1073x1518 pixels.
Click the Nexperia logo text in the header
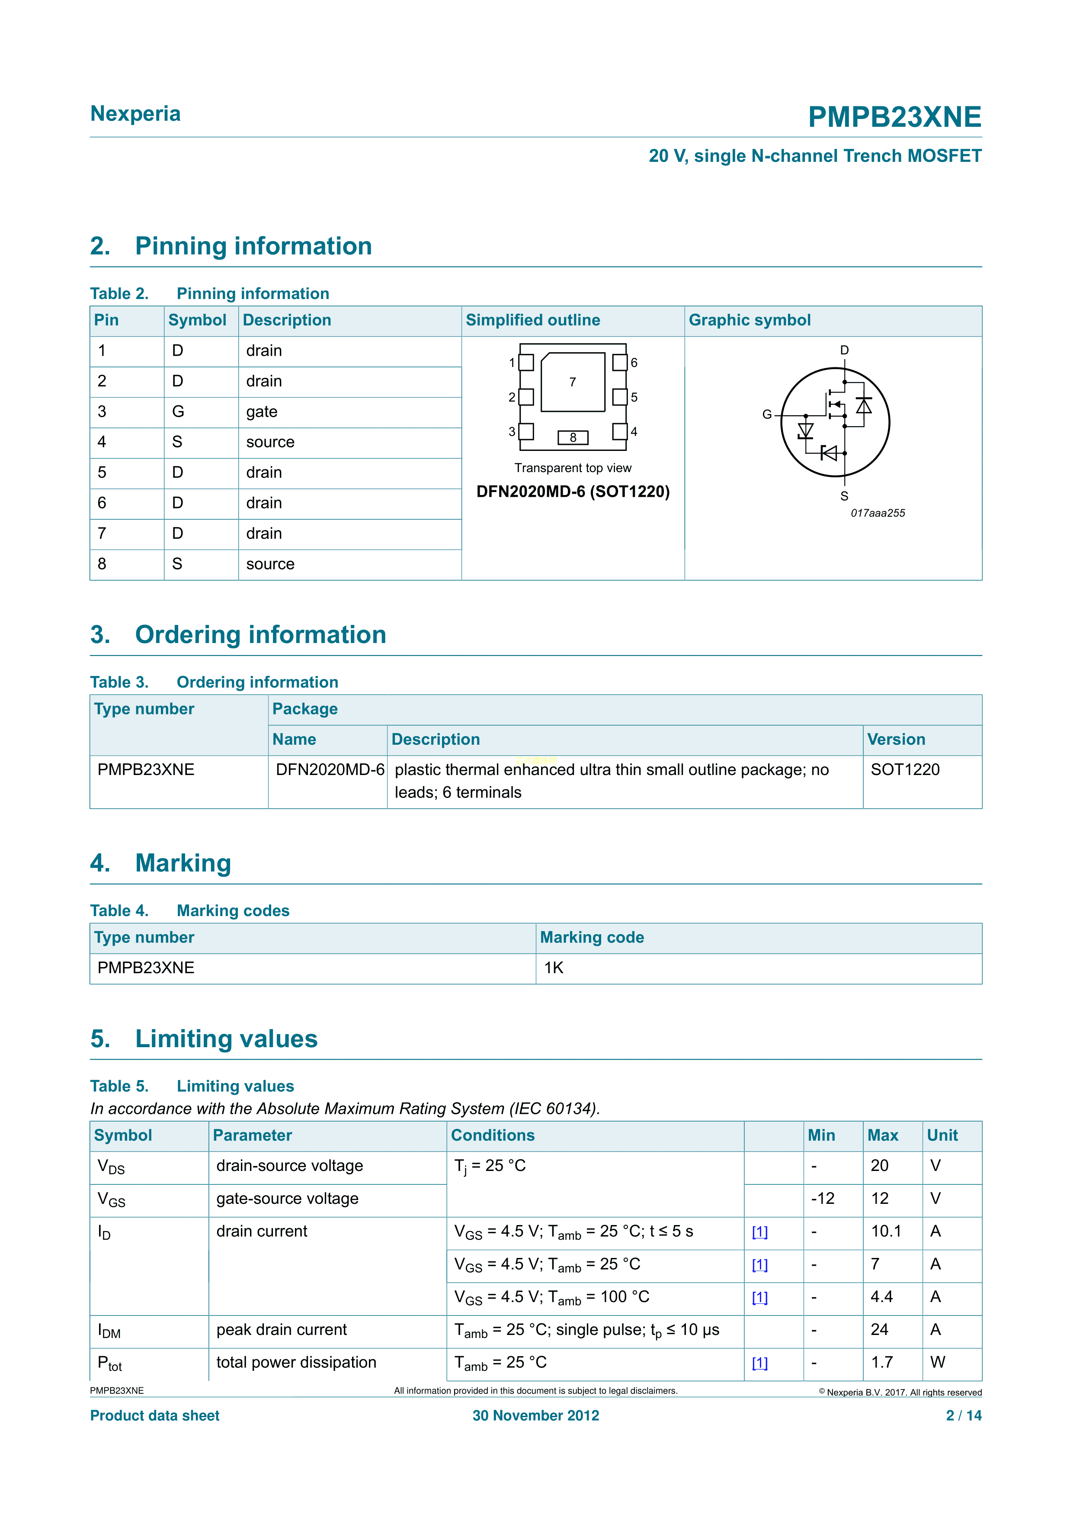135,114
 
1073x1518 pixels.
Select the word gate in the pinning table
262,412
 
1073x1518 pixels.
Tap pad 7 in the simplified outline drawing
573,382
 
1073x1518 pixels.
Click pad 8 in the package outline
573,437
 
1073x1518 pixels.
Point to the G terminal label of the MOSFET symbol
766,415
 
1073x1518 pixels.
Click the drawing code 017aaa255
878,513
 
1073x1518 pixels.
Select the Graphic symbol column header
749,320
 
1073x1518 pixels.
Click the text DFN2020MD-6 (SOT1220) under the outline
573,492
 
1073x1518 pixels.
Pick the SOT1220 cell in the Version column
904,769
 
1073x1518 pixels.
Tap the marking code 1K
553,968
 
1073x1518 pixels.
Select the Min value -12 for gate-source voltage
823,1199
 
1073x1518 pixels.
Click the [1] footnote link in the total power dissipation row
760,1363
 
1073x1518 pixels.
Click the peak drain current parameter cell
282,1330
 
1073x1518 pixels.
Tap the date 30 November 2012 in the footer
536,1415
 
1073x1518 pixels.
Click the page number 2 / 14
963,1415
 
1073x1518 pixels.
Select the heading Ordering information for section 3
260,635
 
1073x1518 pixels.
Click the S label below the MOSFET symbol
844,496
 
